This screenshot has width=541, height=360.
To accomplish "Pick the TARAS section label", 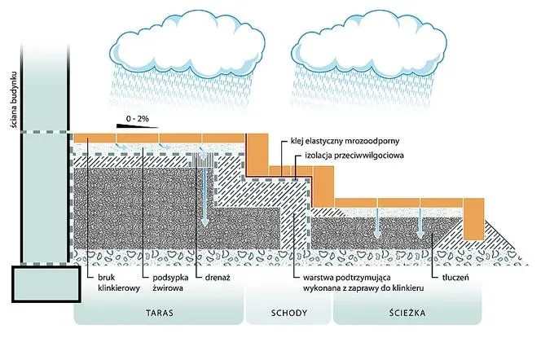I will (x=159, y=313).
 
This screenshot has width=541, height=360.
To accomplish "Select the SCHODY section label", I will (x=288, y=313).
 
